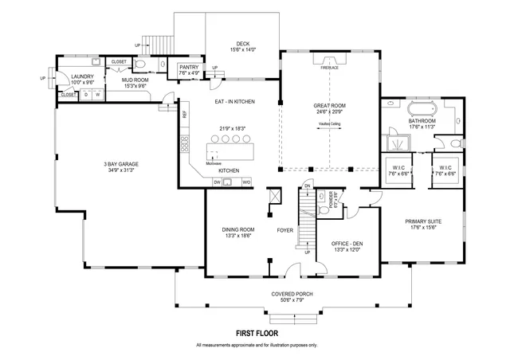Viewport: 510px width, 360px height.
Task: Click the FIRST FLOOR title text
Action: click(x=256, y=334)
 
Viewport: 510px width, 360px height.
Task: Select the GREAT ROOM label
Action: click(x=329, y=104)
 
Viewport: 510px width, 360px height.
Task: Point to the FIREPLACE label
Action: click(x=329, y=68)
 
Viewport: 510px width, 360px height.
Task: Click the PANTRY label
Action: click(x=189, y=68)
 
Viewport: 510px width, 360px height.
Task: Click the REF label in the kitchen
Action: click(x=184, y=115)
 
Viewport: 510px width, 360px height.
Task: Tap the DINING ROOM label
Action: click(x=237, y=229)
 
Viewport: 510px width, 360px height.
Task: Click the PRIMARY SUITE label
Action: click(x=423, y=221)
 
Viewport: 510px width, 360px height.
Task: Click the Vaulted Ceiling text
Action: click(x=329, y=125)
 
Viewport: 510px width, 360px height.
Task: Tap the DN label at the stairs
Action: click(x=307, y=186)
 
